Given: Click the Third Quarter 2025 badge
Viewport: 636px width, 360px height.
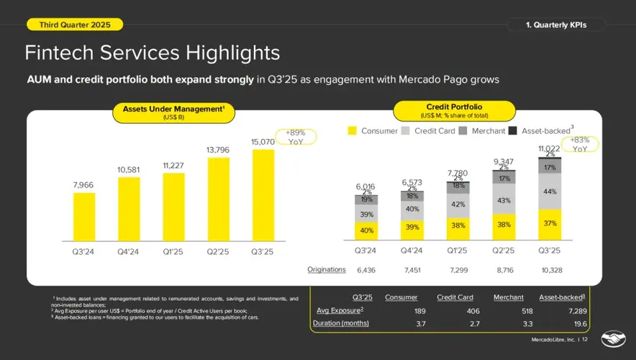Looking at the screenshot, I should coord(74,24).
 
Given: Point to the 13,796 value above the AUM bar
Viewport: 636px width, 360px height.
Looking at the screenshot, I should coord(219,149).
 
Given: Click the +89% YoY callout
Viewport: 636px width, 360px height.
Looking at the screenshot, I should coord(296,137).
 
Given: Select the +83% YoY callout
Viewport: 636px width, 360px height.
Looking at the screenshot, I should coord(580,145).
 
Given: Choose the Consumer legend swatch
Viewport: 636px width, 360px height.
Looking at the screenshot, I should coord(353,131).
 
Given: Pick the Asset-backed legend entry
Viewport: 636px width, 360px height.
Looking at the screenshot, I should coord(512,131).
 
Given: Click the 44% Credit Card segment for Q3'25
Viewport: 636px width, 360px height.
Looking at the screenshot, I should coord(550,192).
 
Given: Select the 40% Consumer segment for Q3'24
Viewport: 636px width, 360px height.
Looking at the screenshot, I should coord(367,230).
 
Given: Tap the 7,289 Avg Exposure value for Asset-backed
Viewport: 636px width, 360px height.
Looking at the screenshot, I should coord(573,310).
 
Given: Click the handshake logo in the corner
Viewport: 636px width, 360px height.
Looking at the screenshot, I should coord(614,338).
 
